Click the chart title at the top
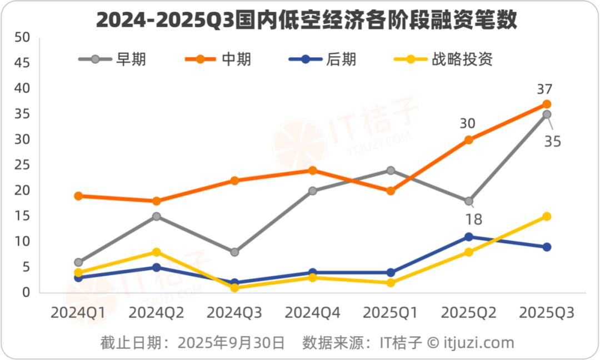pos(307,21)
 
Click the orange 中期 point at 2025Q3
pos(547,104)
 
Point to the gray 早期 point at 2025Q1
pos(391,171)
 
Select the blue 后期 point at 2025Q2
pos(468,237)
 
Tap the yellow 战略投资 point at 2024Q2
pos(156,252)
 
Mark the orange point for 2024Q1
pos(78,196)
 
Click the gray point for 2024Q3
pos(234,252)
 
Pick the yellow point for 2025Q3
pos(547,216)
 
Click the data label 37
pos(545,89)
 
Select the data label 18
pos(474,219)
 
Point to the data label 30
pos(467,123)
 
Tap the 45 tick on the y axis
pos(22,63)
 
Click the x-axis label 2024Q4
pos(312,313)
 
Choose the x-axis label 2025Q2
pos(468,313)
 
